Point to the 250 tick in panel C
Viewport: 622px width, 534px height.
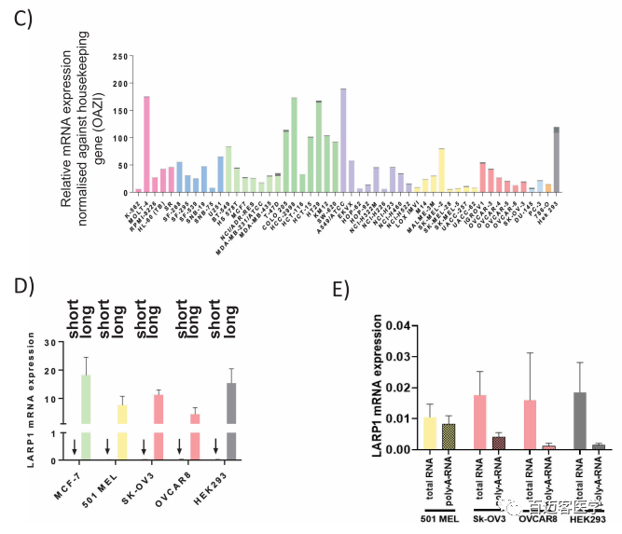click(118, 58)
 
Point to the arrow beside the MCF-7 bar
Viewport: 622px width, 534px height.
click(73, 447)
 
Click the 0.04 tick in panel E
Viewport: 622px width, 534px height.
click(396, 325)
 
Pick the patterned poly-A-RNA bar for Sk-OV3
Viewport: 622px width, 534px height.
click(500, 443)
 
